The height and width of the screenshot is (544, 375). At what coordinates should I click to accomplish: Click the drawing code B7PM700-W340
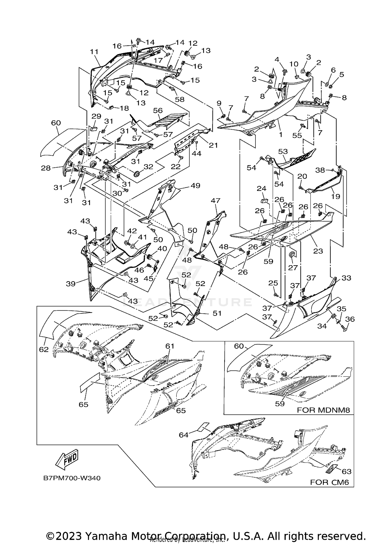[x=72, y=478]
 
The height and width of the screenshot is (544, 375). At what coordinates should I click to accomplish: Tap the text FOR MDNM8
[x=323, y=410]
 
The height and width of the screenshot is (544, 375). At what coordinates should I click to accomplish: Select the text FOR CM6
[x=329, y=482]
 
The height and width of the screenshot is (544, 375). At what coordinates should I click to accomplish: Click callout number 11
[x=94, y=52]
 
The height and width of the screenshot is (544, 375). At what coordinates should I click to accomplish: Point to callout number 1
[x=280, y=134]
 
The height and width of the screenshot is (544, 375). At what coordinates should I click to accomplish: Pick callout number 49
[x=195, y=186]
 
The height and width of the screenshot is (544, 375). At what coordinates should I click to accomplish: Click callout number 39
[x=71, y=284]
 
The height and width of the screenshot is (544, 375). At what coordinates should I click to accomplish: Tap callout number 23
[x=318, y=251]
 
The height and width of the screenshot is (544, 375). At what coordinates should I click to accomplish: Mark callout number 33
[x=346, y=278]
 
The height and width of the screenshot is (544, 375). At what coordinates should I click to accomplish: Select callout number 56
[x=158, y=110]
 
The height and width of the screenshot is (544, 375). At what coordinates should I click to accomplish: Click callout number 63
[x=346, y=471]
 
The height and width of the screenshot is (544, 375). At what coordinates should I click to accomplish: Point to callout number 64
[x=183, y=435]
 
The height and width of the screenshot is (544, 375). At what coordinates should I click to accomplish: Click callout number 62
[x=44, y=349]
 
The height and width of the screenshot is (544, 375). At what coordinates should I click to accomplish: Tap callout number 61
[x=170, y=346]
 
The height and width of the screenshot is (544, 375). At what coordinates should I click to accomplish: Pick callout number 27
[x=293, y=267]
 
